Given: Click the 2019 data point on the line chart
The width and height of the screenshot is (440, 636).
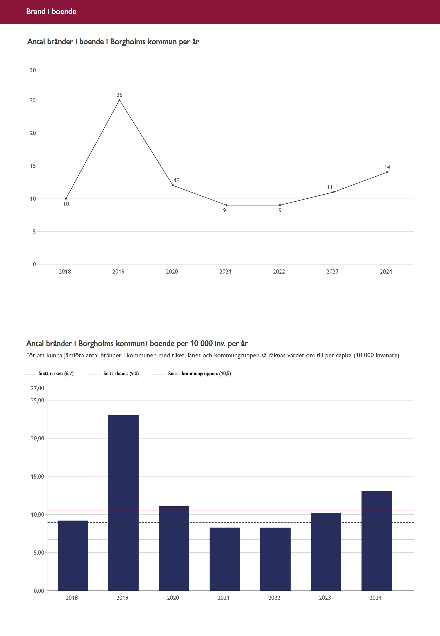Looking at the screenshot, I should click(x=119, y=100).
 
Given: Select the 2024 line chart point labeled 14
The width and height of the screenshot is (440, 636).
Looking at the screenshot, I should click(x=387, y=172).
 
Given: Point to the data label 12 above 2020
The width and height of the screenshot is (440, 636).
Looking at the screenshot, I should click(x=177, y=181).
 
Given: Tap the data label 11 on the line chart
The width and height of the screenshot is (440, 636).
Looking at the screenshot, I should click(x=330, y=187).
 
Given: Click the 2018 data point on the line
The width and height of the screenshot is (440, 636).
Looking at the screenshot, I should click(x=66, y=199).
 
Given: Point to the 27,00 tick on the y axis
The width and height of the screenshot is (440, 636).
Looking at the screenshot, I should click(x=37, y=388).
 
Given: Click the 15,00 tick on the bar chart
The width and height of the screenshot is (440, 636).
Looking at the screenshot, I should click(x=37, y=477).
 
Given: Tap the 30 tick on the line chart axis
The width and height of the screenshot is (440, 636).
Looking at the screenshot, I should click(x=33, y=70).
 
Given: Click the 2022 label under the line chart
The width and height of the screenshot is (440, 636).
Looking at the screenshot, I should click(x=279, y=272).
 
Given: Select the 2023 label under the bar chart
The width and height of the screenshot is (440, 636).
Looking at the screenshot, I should click(x=325, y=598).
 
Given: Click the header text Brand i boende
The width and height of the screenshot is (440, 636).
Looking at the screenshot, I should click(x=51, y=11).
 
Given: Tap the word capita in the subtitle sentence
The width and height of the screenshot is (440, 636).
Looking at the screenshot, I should click(x=343, y=355).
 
